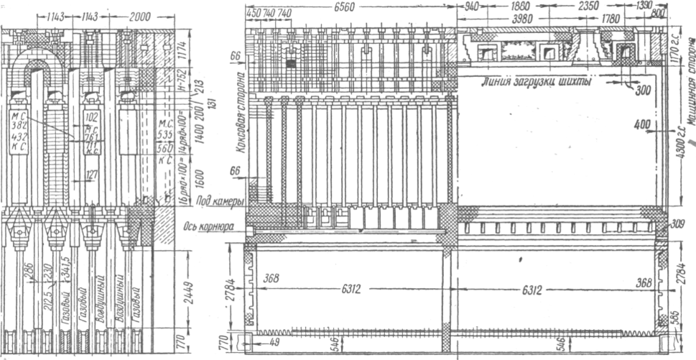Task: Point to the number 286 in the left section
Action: (29, 272)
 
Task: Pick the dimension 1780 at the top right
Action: (611, 19)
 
